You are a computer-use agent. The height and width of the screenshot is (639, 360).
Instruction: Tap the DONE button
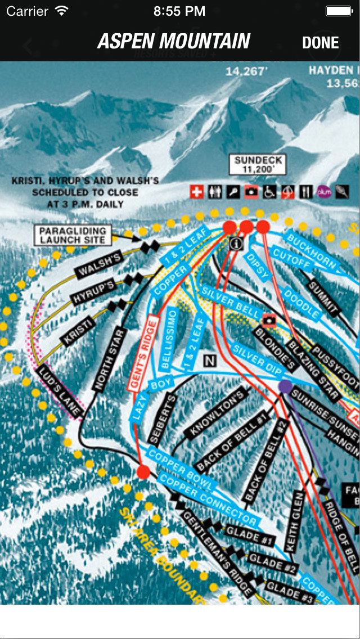coord(320,43)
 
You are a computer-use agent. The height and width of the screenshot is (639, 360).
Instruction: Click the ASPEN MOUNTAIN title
coord(174,42)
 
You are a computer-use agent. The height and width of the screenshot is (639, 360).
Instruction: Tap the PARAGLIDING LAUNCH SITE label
coord(72,235)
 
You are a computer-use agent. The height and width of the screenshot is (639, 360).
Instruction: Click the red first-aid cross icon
coord(197,192)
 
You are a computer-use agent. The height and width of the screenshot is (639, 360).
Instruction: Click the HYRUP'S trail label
coord(94,291)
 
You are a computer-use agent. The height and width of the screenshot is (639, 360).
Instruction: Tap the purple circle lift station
coord(286,386)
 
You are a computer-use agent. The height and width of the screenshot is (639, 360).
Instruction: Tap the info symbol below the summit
coord(236,243)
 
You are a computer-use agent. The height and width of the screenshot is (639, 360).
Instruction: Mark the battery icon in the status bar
coord(339,11)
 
